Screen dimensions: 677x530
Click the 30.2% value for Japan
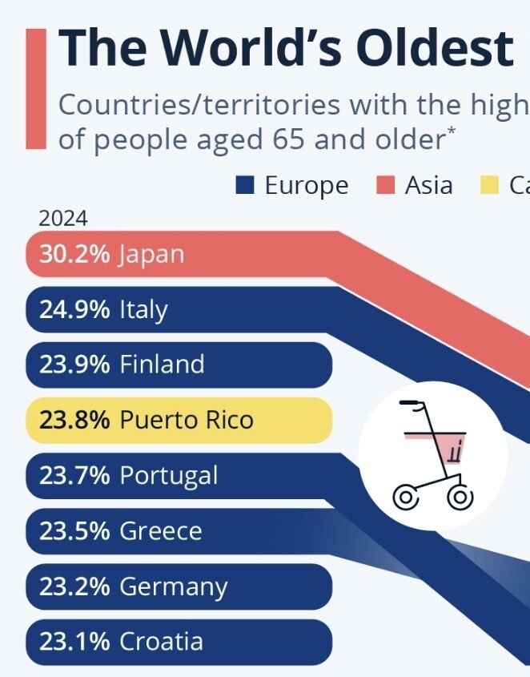[74, 254]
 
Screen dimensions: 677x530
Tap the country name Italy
[144, 309]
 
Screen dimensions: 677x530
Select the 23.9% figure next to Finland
[74, 365]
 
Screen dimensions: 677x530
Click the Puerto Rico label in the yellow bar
[187, 420]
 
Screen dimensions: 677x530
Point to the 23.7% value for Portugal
[74, 475]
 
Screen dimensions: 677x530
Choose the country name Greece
[161, 530]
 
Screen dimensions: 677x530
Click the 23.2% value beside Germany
[74, 586]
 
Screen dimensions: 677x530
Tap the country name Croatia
[162, 642]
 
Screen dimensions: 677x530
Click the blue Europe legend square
[245, 186]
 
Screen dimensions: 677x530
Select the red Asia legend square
[386, 186]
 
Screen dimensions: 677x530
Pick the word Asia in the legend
[429, 186]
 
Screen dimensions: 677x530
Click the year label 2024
[63, 219]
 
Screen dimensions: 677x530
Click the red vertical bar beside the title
[36, 88]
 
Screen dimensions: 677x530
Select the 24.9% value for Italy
[74, 309]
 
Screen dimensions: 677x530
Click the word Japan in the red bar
[152, 254]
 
